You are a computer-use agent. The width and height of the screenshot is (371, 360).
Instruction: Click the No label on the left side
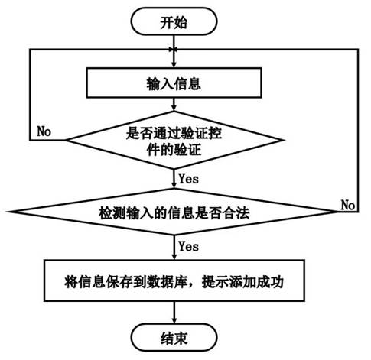(44, 131)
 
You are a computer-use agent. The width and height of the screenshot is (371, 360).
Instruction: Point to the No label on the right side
(348, 206)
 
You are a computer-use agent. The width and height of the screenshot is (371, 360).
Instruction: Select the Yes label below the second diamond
(188, 247)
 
